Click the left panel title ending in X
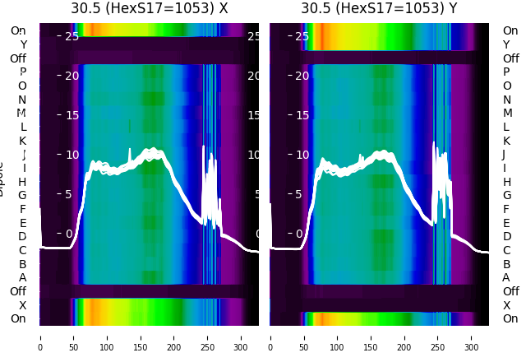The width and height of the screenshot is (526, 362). [149, 9]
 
